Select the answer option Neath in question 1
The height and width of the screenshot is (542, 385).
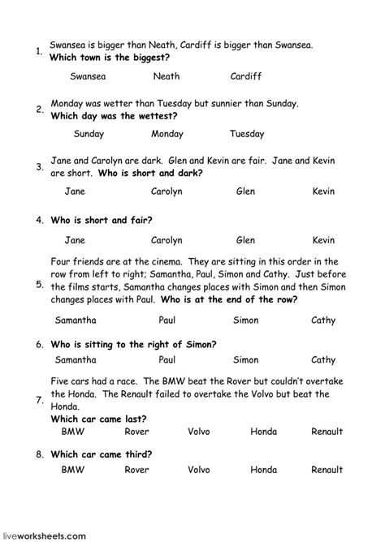pos(167,76)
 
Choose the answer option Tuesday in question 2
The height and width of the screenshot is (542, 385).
pos(247,134)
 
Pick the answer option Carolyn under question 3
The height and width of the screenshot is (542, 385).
pos(167,191)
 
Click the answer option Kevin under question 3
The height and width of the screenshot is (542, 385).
pos(323,191)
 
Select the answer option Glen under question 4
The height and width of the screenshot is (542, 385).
pos(245,240)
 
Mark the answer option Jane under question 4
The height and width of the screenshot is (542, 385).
pos(74,240)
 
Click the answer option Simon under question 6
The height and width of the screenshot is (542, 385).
pos(245,359)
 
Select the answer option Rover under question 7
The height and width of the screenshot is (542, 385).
pos(138,432)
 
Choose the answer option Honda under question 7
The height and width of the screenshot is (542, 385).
pos(264,432)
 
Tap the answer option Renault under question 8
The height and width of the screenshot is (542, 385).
pos(327,469)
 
